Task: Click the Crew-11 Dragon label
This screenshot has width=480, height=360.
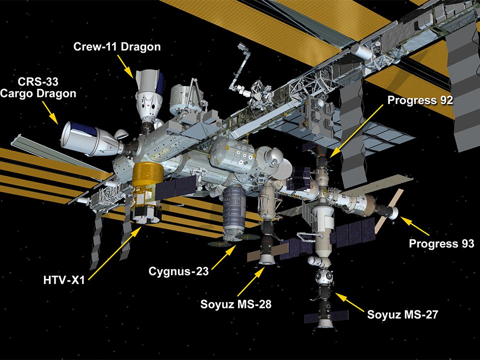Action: (117, 47)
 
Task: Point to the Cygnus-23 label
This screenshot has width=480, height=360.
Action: (178, 271)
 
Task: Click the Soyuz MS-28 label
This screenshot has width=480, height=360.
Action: (236, 304)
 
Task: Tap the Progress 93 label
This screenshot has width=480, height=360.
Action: (441, 244)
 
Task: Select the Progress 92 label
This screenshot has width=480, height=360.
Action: (420, 100)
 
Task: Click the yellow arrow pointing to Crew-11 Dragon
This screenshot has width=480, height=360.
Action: (126, 65)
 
